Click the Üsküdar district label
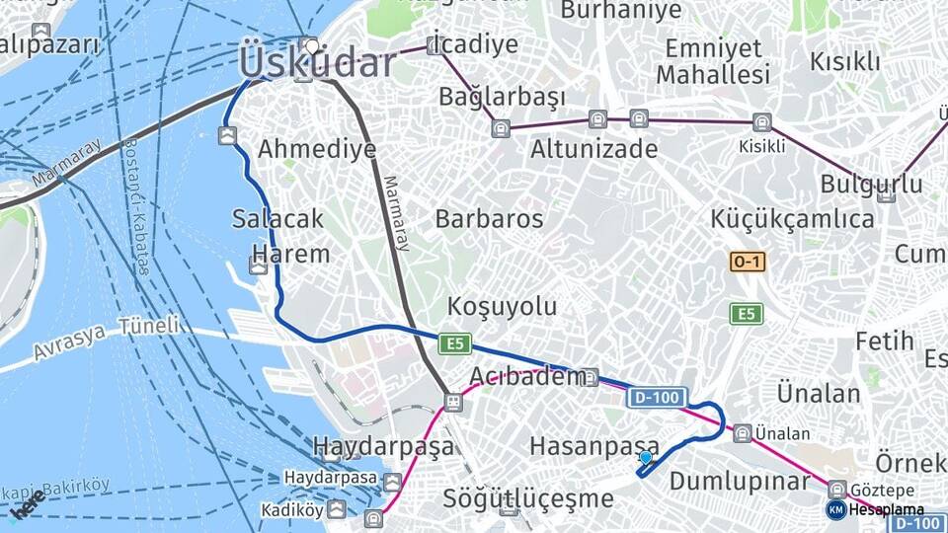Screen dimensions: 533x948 pos(317,63)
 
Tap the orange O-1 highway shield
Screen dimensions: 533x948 pos(748,262)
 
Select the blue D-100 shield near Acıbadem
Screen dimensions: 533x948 pos(657,398)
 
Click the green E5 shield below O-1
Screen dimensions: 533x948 pos(747,314)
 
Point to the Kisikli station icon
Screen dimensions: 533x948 pos(761,122)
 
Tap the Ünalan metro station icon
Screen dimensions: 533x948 pos(742,432)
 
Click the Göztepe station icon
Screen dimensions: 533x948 pos(837,489)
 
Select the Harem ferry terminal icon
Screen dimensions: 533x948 pos(258,265)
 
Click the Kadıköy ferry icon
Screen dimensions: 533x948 pos(337,509)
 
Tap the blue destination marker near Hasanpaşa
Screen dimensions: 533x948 pos(646,458)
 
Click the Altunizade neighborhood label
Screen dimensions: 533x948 pos(593,149)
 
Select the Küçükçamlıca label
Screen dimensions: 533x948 pos(792,218)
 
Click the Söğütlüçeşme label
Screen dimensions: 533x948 pos(528,498)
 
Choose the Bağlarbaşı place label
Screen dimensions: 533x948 pos(502,97)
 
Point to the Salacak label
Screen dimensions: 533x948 pos(277,218)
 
